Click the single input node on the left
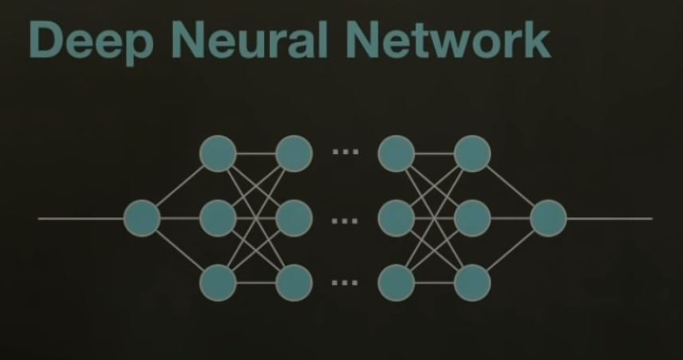point(143,218)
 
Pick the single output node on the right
point(548,218)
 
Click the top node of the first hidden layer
point(218,153)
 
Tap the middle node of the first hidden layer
point(218,218)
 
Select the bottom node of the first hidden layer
point(218,282)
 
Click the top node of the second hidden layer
point(293,153)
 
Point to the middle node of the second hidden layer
point(293,218)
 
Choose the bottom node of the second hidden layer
point(293,282)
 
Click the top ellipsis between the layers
point(345,152)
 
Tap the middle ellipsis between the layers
point(345,217)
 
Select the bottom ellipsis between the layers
point(345,282)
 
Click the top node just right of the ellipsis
point(397,153)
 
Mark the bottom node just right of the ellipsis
point(397,282)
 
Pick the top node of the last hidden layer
point(472,153)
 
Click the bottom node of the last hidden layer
point(472,282)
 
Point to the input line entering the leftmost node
point(80,218)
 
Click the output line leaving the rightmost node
point(610,218)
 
